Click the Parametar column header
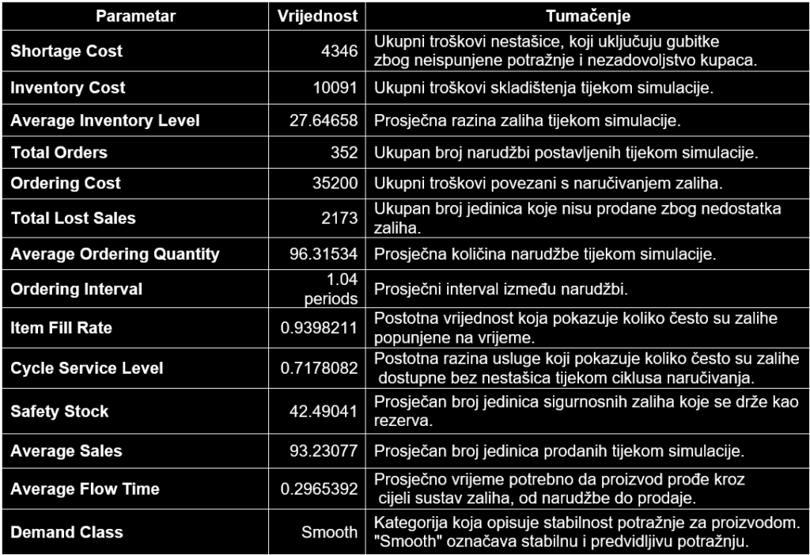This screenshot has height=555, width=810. (136, 16)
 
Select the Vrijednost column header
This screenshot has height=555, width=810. (318, 16)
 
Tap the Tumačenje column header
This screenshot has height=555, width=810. (588, 16)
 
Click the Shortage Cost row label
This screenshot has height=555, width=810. (66, 51)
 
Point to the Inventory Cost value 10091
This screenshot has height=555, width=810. (335, 88)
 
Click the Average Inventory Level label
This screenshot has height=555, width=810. (105, 121)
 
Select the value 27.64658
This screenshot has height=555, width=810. (324, 121)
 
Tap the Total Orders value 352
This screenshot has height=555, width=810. (344, 153)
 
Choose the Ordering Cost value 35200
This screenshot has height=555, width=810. (335, 184)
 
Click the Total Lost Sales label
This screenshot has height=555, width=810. (73, 219)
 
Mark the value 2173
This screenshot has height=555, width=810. (339, 219)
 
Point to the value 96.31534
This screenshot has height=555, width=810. (324, 255)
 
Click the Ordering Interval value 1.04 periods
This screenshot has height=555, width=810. (331, 289)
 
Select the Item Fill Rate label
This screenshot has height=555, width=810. (62, 328)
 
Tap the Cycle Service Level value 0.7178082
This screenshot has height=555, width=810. (320, 368)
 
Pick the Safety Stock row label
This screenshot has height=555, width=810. (59, 412)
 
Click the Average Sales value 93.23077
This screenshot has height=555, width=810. (324, 451)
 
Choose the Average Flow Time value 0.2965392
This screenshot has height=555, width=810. (320, 489)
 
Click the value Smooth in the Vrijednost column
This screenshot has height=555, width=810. (329, 532)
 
